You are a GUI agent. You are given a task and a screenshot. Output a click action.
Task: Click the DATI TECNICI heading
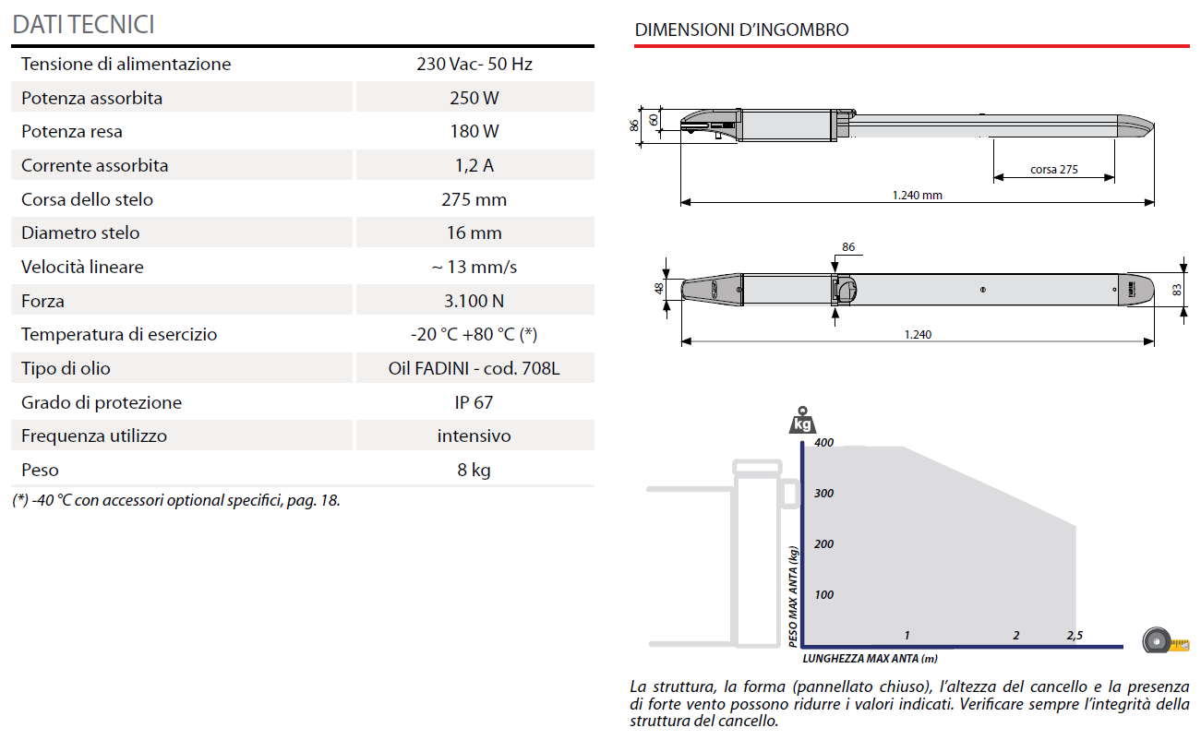tap(84, 25)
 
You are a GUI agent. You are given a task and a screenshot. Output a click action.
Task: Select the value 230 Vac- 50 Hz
tap(474, 65)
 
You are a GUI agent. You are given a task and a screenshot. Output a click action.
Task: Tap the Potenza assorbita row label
tap(91, 98)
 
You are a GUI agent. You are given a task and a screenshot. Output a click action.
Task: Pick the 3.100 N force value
tap(474, 301)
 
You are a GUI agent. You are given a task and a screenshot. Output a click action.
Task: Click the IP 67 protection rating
tap(474, 402)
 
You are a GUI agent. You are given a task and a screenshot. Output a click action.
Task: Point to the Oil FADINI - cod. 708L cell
tap(474, 369)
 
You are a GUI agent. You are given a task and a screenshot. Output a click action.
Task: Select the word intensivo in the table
tap(474, 436)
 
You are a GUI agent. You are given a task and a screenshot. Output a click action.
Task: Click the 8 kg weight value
tap(474, 470)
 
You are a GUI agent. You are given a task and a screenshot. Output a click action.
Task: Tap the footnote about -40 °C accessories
tap(176, 500)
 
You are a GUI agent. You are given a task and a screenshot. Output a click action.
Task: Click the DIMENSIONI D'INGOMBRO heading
tap(741, 30)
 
